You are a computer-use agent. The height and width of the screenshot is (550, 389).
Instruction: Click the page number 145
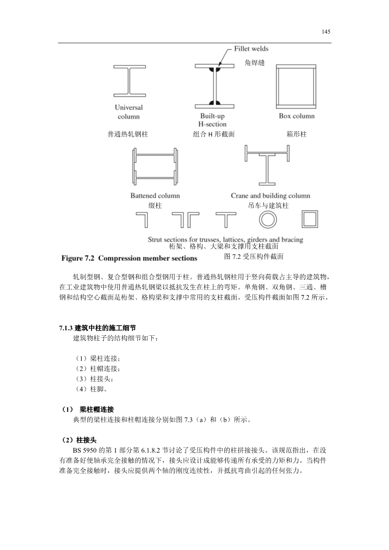pyautogui.click(x=326, y=32)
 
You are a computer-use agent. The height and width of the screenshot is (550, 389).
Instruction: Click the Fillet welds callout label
pyautogui.click(x=251, y=49)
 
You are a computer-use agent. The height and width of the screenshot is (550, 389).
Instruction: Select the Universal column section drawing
pyautogui.click(x=129, y=81)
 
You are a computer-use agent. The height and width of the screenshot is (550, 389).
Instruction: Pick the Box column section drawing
pyautogui.click(x=296, y=87)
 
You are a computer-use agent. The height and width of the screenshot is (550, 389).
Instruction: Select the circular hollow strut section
pyautogui.click(x=268, y=219)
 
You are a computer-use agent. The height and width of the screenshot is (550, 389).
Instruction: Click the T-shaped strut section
pyautogui.click(x=226, y=219)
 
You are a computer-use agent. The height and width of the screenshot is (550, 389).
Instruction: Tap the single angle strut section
pyautogui.click(x=142, y=219)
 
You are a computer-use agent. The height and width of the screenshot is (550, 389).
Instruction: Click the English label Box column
pyautogui.click(x=297, y=116)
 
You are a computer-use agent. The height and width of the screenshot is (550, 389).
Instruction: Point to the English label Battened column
pyautogui.click(x=155, y=196)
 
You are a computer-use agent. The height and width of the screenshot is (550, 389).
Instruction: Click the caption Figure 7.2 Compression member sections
pyautogui.click(x=129, y=258)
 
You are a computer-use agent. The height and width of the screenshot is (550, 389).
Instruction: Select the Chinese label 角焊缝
pyautogui.click(x=255, y=63)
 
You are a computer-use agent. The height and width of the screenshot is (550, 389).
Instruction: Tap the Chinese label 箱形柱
pyautogui.click(x=297, y=134)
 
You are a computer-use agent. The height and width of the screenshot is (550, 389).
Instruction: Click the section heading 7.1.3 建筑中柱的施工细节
pyautogui.click(x=97, y=328)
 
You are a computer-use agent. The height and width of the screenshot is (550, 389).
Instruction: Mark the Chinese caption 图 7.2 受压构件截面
pyautogui.click(x=254, y=256)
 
